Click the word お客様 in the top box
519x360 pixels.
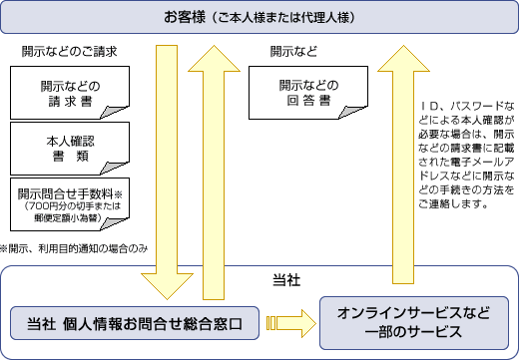[x=186, y=18]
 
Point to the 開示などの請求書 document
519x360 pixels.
[x=71, y=93]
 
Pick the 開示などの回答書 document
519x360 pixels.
[x=308, y=93]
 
